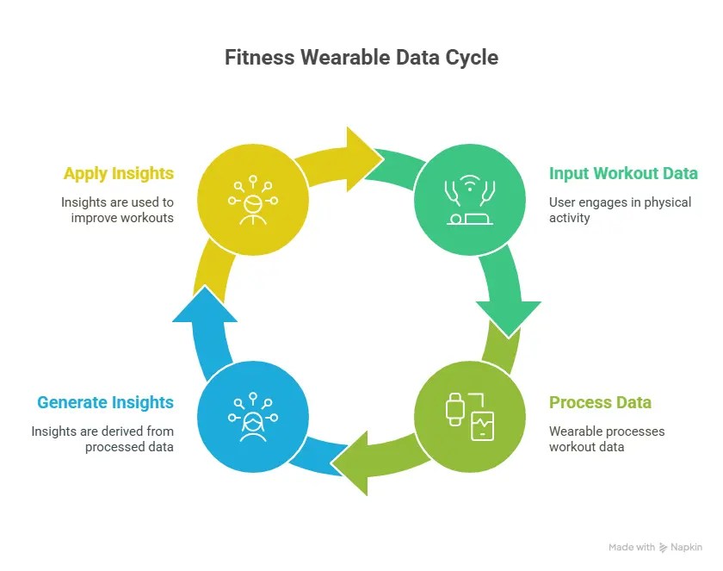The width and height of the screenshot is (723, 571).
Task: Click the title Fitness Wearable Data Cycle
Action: click(x=361, y=58)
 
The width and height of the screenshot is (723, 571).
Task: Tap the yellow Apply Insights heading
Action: click(x=119, y=173)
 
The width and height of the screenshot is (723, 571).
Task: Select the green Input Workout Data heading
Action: click(x=623, y=173)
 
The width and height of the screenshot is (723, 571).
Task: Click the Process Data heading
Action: click(x=600, y=402)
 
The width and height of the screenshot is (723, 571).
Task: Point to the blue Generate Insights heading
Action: click(x=105, y=402)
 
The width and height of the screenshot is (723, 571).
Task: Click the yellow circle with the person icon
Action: click(x=252, y=200)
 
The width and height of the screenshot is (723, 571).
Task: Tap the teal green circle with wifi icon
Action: click(x=469, y=200)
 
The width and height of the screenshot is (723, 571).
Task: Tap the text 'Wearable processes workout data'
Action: click(x=607, y=438)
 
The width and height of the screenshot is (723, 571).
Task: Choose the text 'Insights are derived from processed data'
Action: click(x=102, y=438)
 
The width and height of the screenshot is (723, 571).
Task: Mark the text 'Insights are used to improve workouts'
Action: click(x=117, y=210)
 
